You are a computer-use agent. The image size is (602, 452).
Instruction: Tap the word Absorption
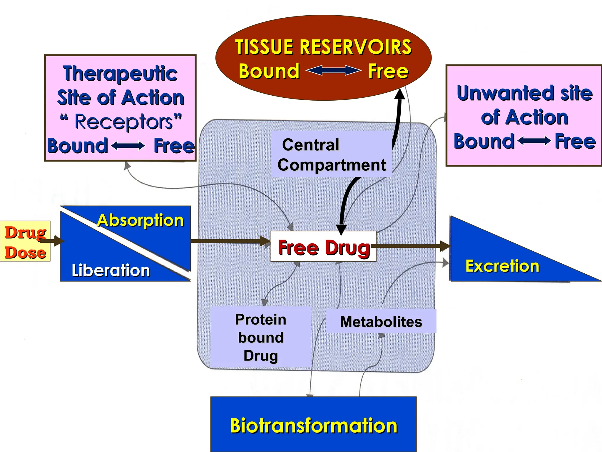(141, 220)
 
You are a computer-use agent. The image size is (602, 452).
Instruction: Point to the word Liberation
(111, 270)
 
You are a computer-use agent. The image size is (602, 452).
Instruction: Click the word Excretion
(502, 266)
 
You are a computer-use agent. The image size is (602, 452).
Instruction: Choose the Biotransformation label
(313, 426)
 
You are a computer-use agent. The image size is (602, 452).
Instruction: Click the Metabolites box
(381, 321)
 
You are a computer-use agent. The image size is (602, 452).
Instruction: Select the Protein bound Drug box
(261, 337)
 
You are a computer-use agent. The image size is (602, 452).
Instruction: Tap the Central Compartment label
(332, 154)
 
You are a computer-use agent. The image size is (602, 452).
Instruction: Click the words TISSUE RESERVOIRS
(323, 47)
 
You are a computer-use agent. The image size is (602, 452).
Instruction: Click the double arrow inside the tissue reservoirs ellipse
(333, 71)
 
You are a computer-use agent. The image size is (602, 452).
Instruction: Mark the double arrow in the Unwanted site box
(534, 141)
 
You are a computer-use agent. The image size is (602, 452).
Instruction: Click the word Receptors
(124, 122)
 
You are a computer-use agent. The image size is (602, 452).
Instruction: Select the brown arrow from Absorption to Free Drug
(229, 241)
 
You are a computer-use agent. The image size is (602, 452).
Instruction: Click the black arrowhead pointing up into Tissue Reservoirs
(399, 94)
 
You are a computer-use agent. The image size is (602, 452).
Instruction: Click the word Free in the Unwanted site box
(575, 141)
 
